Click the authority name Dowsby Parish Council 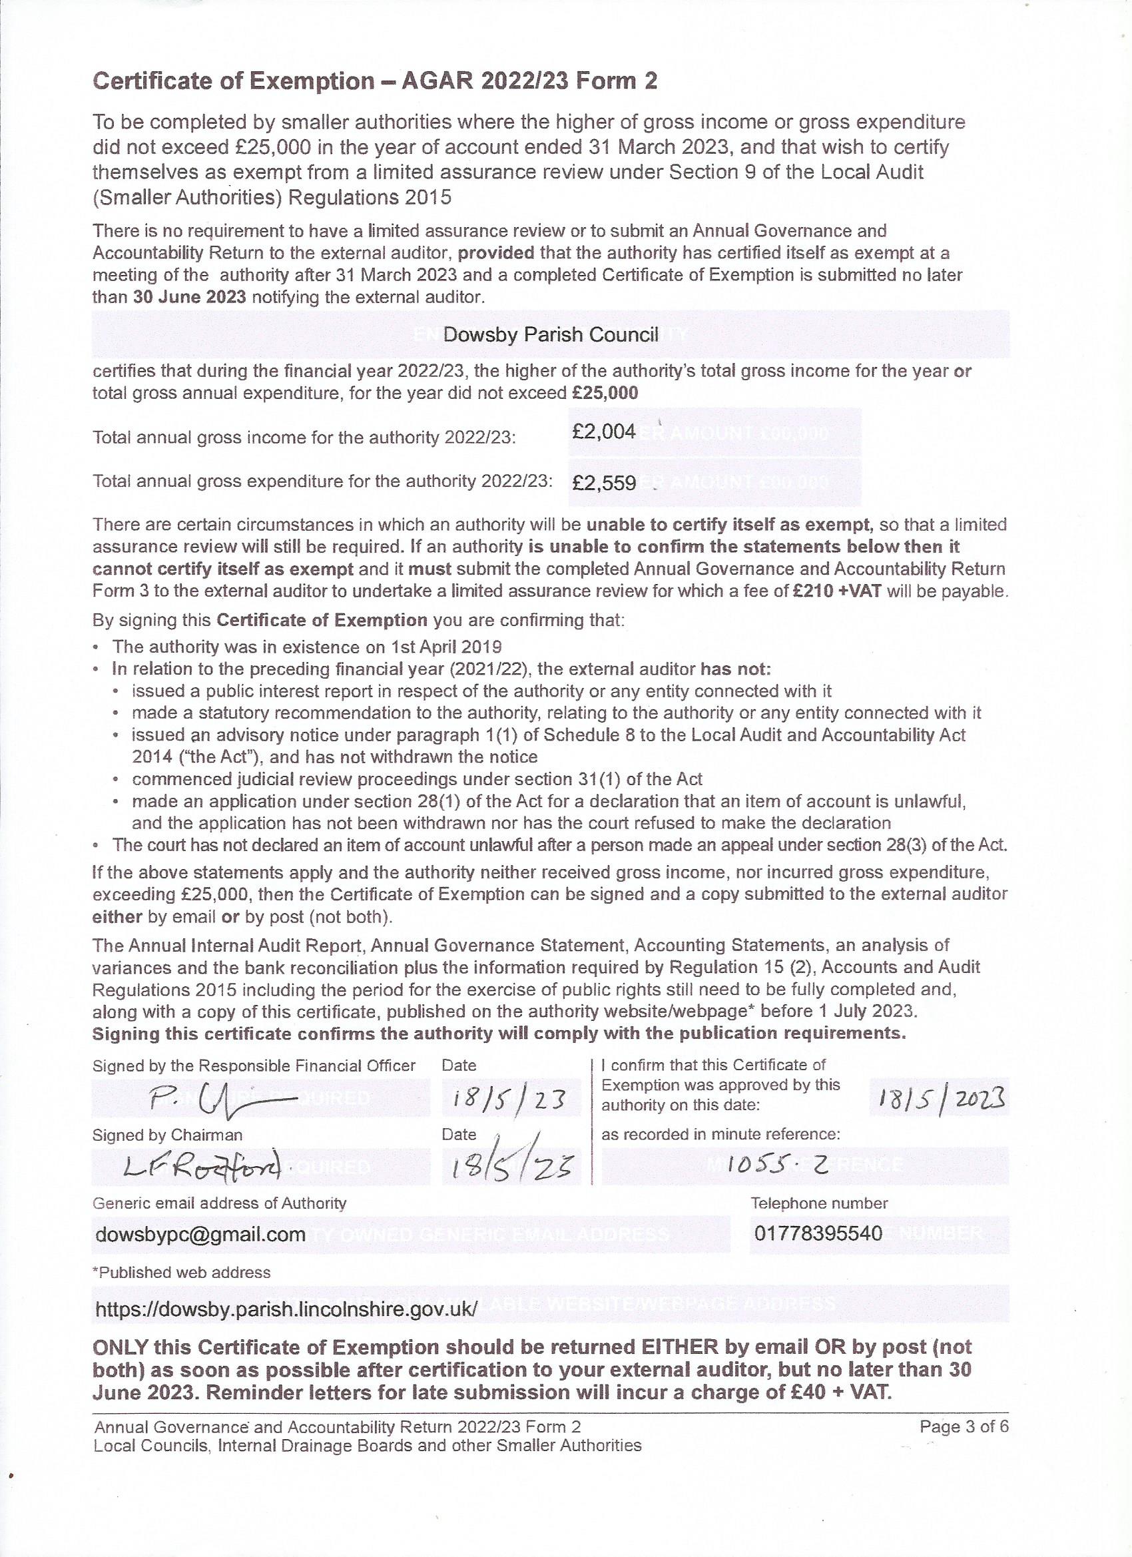pos(551,335)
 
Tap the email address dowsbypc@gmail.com pos(200,1235)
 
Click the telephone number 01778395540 pos(818,1233)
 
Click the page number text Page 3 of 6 pos(964,1427)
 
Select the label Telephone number pos(819,1203)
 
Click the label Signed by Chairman pos(168,1135)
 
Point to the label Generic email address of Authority pos(219,1203)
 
